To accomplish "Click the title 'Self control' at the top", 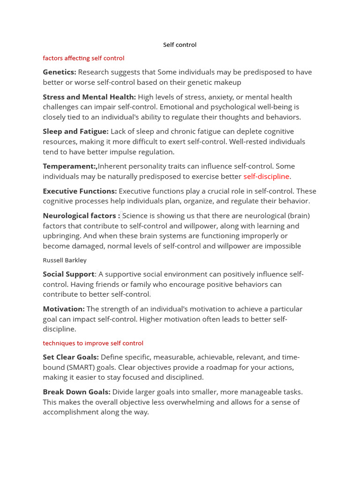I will click(180, 45).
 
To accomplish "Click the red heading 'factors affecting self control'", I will click(83, 58).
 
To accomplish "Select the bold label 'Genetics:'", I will click(60, 72).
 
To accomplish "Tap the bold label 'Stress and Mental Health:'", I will click(90, 97).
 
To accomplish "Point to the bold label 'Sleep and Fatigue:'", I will click(75, 132).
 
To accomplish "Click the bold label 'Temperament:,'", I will click(70, 166).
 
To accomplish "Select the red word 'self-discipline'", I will click(266, 177).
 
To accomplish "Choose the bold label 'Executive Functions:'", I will click(80, 191).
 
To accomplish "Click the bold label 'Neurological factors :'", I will click(81, 216).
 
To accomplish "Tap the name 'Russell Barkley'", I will click(65, 260).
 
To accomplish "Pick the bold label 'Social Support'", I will click(68, 274).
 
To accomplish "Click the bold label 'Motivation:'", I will click(64, 309).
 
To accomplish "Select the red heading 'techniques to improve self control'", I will click(93, 343).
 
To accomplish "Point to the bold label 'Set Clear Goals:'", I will click(71, 357).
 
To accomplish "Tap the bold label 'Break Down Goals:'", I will click(76, 392).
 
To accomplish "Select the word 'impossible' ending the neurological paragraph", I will click(283, 246).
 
